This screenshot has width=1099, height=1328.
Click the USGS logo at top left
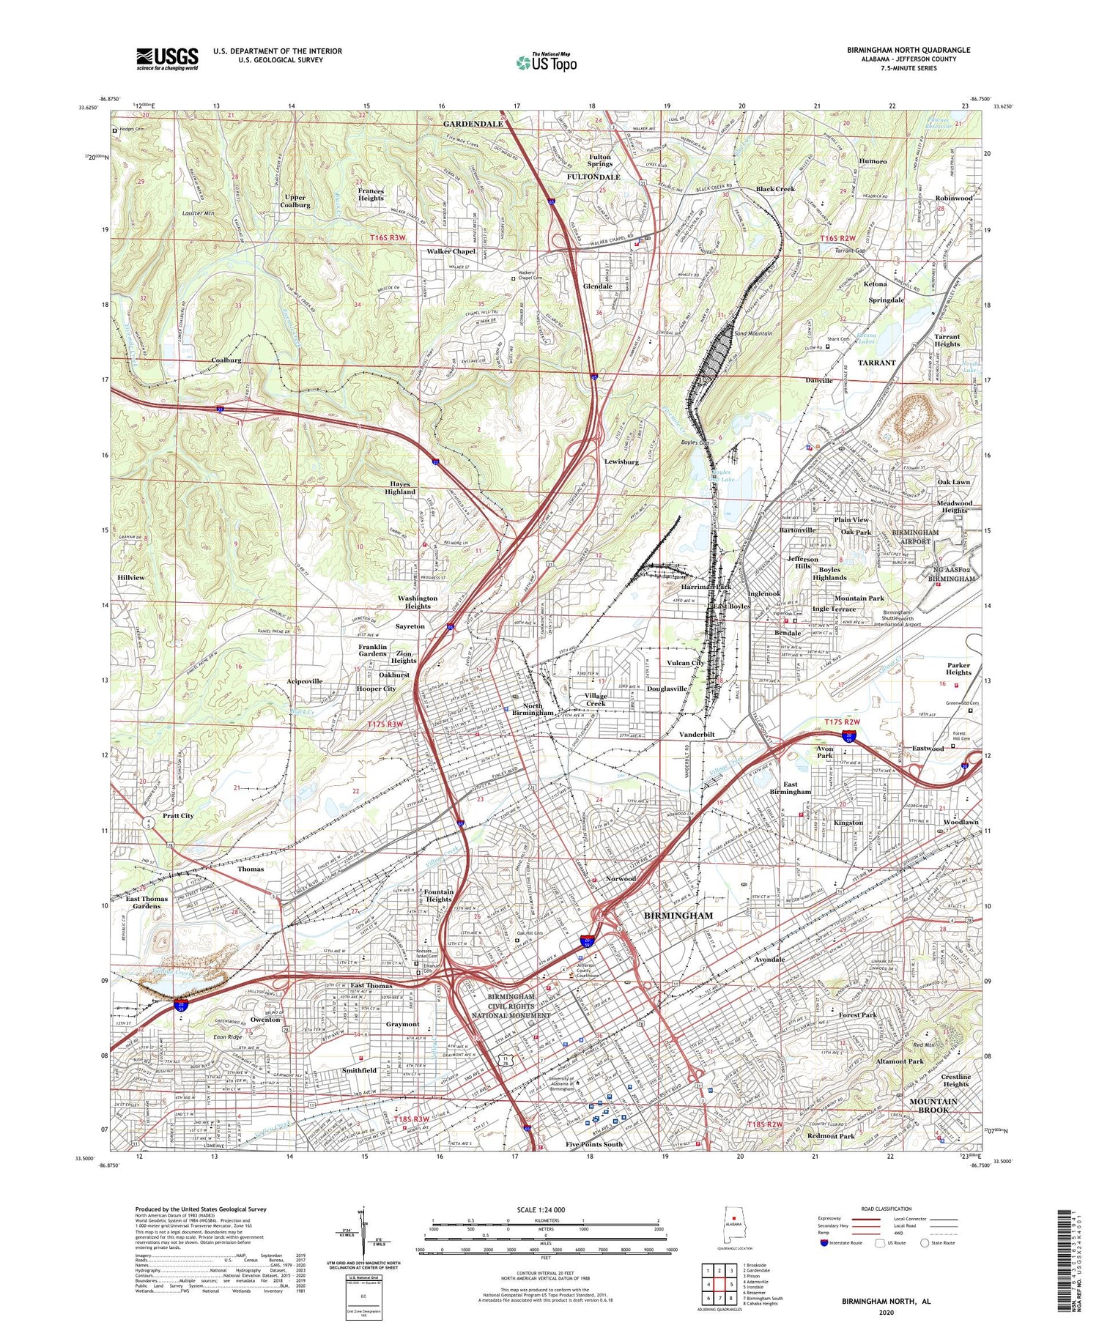[x=167, y=59]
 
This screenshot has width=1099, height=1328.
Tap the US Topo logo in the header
[x=546, y=63]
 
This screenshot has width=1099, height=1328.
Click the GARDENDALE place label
[x=473, y=124]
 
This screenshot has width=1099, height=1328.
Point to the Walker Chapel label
[x=451, y=251]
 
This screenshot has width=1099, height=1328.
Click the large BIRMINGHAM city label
[x=678, y=916]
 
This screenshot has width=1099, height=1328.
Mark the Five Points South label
[x=593, y=1144]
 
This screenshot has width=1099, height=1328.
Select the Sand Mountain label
[x=753, y=333]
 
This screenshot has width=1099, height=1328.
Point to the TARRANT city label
[x=876, y=363]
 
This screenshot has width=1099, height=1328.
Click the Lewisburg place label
[x=621, y=462]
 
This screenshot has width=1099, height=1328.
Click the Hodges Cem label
[x=133, y=131]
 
